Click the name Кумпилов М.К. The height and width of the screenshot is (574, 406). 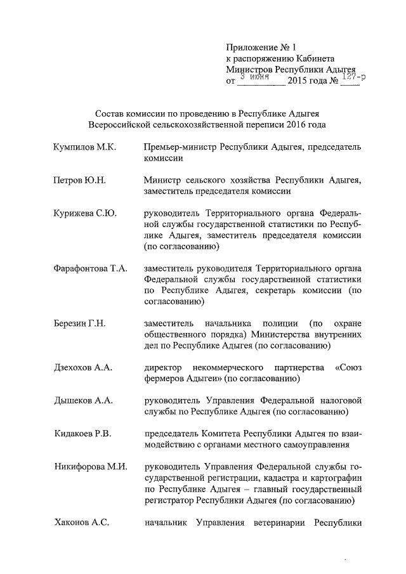click(x=85, y=147)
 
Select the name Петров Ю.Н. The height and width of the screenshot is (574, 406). click(x=80, y=180)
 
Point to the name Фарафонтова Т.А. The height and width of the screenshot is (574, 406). click(x=91, y=268)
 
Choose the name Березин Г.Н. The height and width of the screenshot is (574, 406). click(x=80, y=323)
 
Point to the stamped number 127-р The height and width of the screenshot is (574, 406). click(x=352, y=77)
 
